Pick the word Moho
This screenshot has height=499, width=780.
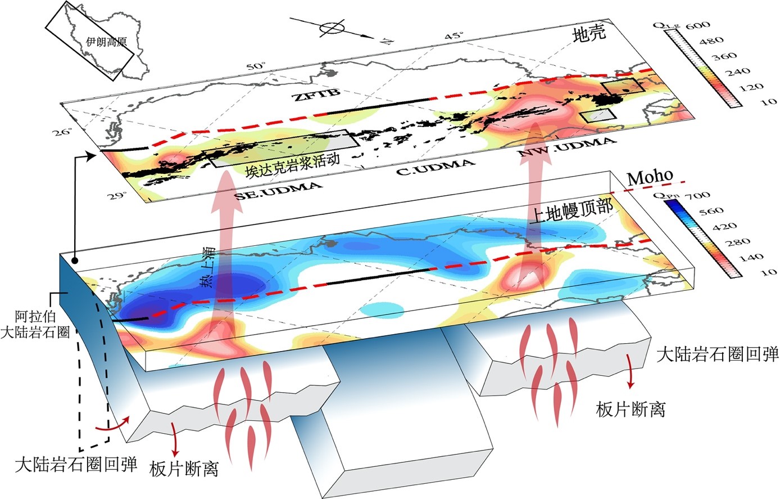650,177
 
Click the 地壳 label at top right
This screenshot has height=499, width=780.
589,34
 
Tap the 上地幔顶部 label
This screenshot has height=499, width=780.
572,212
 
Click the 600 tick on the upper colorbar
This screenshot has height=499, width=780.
701,25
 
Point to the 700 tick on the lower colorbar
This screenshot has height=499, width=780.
701,196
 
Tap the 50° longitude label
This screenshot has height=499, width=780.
255,66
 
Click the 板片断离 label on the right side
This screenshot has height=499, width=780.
631,409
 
